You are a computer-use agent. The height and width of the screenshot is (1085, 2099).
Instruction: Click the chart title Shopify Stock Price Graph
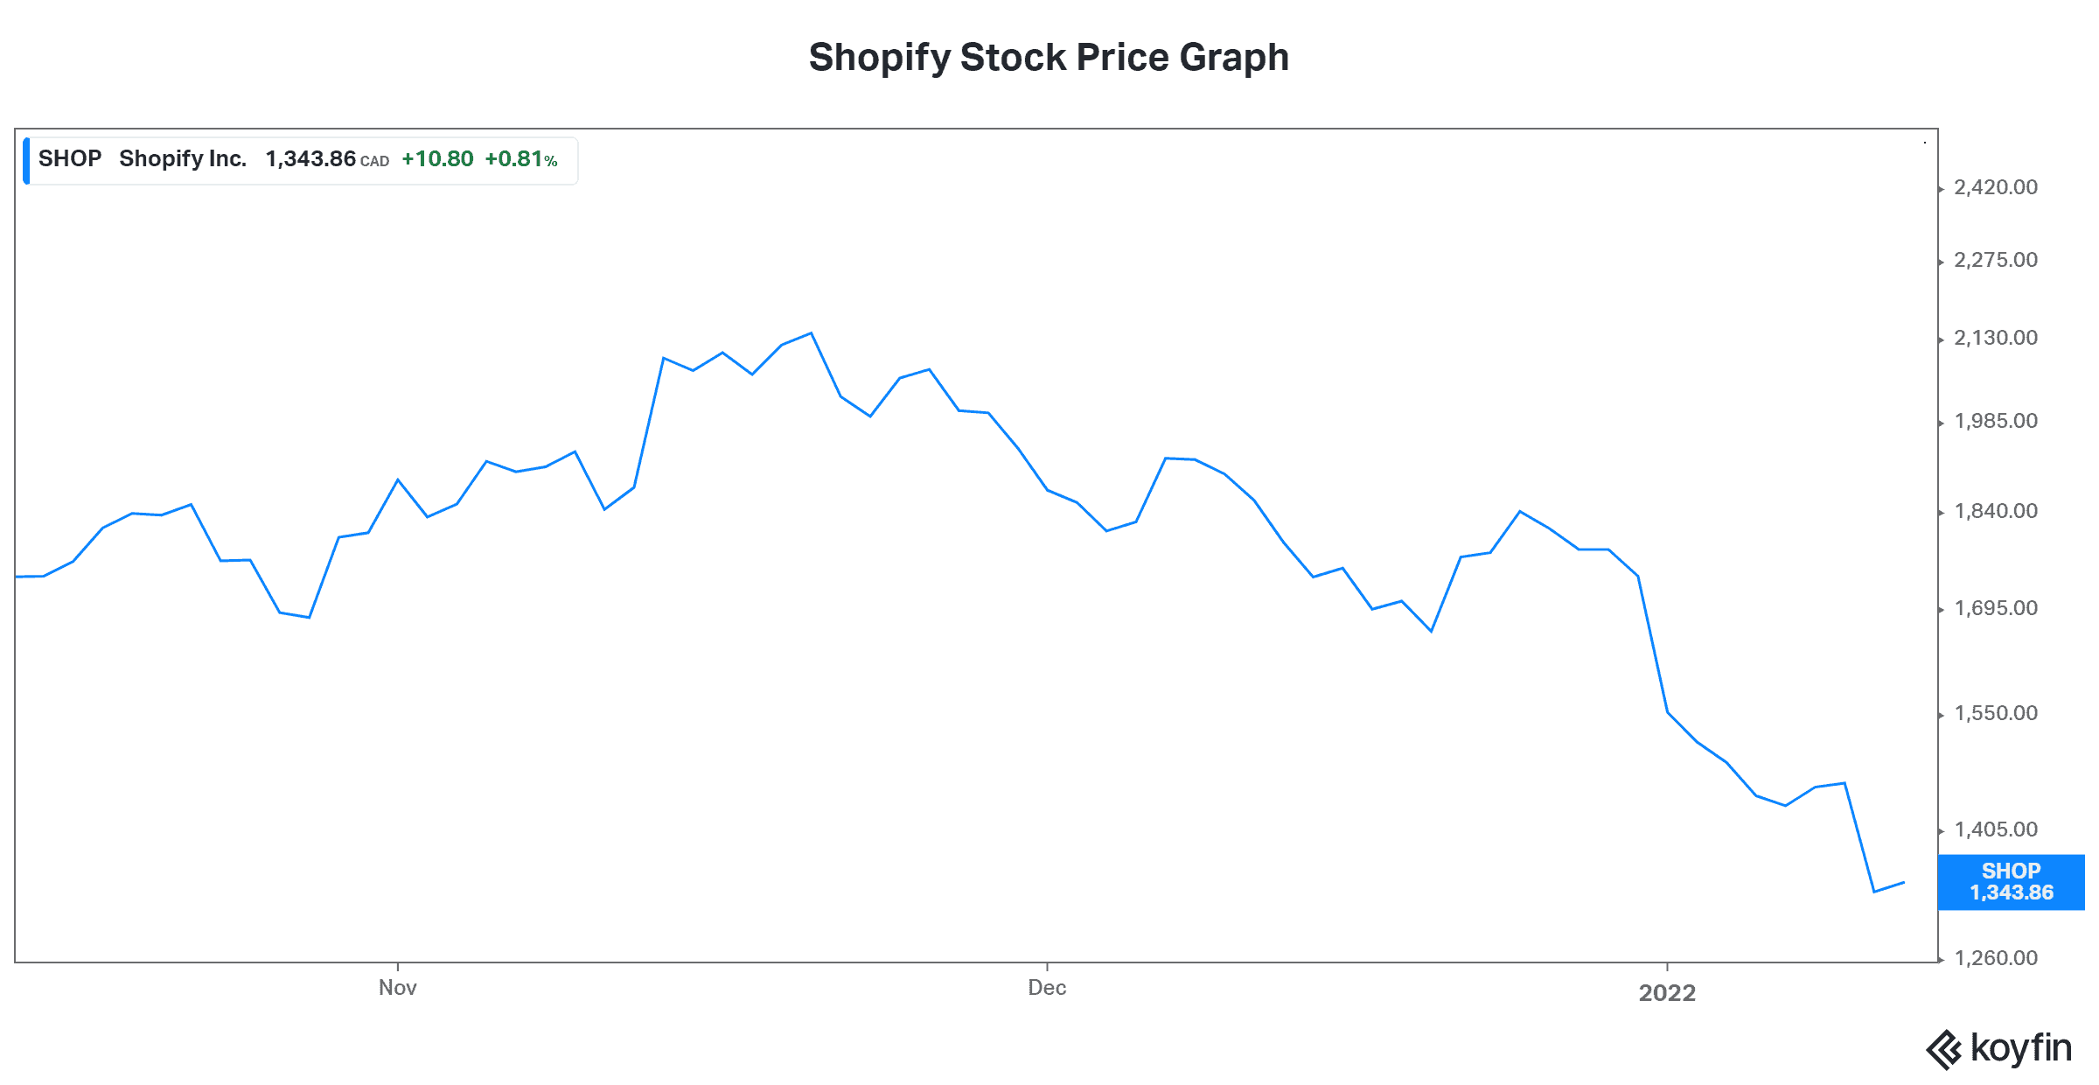[1049, 58]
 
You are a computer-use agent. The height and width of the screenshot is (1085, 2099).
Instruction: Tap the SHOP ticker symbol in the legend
[70, 159]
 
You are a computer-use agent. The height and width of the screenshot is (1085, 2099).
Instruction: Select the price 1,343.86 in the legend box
[310, 159]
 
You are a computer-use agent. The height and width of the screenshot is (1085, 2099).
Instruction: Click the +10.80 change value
[437, 159]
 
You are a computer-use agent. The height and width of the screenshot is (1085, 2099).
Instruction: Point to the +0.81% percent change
[520, 159]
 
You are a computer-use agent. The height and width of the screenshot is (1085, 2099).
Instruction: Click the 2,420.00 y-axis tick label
[1996, 187]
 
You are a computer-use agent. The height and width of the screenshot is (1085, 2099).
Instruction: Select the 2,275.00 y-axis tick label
[1996, 260]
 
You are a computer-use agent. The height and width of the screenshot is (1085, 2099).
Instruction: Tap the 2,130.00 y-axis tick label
[1996, 338]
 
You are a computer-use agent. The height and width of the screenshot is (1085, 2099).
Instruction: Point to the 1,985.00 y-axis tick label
[1996, 421]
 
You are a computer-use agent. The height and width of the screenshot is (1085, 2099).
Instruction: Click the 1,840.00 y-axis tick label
[1996, 511]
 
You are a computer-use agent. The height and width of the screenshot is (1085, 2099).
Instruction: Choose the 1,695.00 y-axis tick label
[1996, 608]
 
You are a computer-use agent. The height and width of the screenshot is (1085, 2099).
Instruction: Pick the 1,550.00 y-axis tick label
[1996, 713]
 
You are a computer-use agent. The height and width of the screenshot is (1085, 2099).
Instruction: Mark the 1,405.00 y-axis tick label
[1996, 829]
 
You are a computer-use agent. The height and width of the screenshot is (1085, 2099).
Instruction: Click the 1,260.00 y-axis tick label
[1996, 958]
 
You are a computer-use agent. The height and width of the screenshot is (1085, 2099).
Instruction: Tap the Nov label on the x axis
[397, 988]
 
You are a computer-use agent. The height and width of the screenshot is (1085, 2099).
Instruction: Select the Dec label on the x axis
[1047, 988]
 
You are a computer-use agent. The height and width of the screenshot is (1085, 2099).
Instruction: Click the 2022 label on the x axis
[1667, 992]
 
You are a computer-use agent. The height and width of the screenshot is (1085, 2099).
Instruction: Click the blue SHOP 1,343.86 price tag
[2011, 882]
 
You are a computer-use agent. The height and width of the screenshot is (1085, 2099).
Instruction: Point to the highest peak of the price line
[811, 333]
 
